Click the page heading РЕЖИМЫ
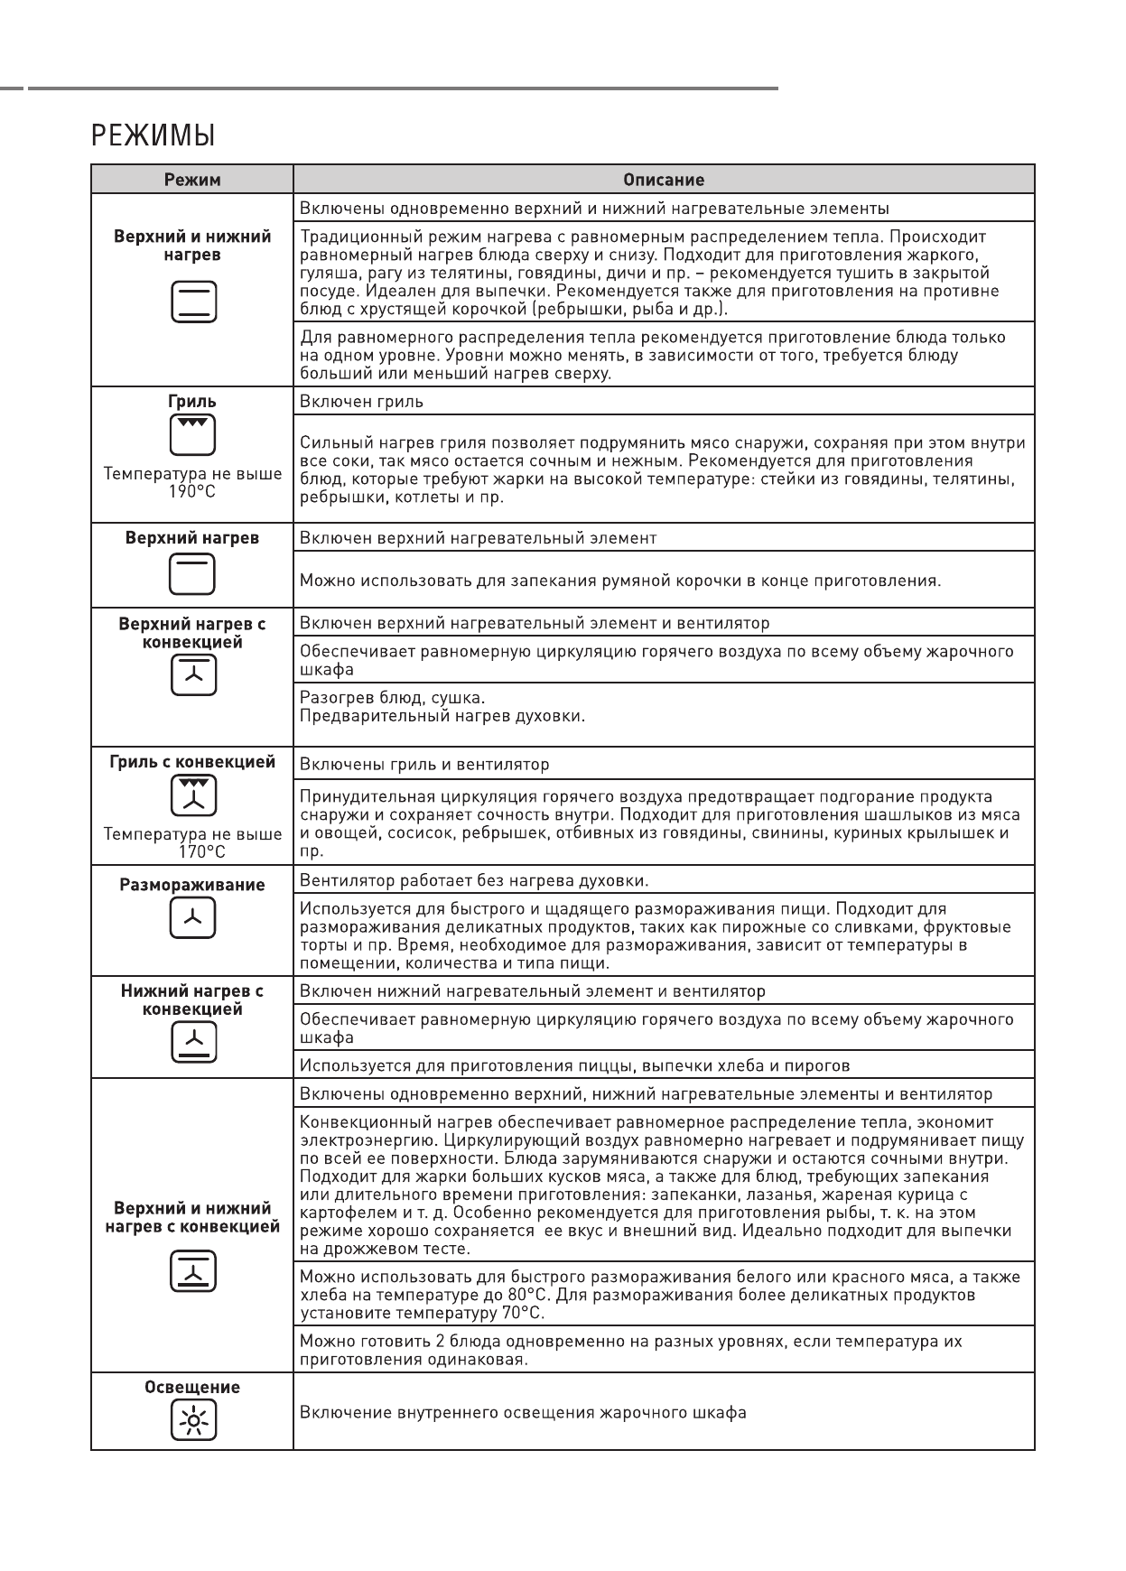[153, 137]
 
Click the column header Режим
[192, 180]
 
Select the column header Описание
[664, 180]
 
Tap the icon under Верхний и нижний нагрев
[193, 302]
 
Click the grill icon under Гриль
[193, 435]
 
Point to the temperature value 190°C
[192, 492]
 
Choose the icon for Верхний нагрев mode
[193, 574]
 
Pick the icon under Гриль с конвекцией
[193, 795]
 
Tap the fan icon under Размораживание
[193, 919]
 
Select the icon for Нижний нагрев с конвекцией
[193, 1044]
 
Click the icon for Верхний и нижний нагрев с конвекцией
[193, 1271]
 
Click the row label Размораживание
[192, 885]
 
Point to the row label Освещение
[192, 1388]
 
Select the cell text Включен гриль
[361, 402]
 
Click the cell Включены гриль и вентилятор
[424, 765]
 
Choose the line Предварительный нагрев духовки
[442, 717]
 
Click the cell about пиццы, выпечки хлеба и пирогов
[574, 1066]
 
